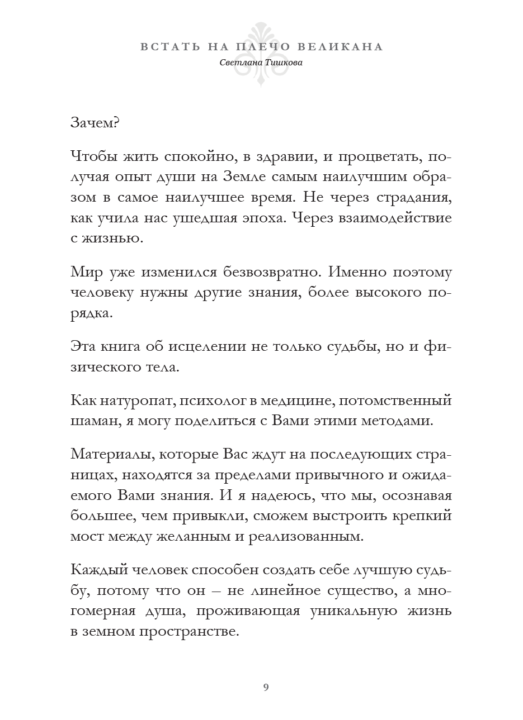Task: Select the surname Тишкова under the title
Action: [x=282, y=63]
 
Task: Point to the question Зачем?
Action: [x=95, y=123]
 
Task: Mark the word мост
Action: [x=86, y=537]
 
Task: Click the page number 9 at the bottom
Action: [x=266, y=686]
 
